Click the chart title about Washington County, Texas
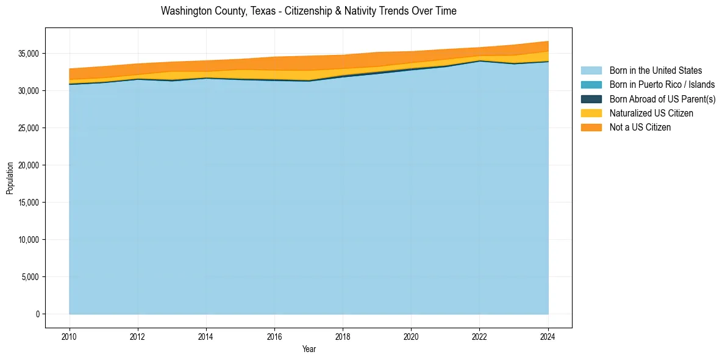pos(309,11)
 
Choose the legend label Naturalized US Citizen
pos(651,113)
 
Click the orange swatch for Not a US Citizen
pos(591,127)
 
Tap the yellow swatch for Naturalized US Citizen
pos(591,113)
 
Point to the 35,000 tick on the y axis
pos(29,54)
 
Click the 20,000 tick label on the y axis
pos(29,165)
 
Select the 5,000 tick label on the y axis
pos(30,277)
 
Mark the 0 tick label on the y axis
pos(37,314)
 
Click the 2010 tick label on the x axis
pos(70,336)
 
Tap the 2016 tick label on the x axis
pos(274,336)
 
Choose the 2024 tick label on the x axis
pos(548,336)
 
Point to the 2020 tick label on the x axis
pos(411,336)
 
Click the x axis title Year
pos(309,349)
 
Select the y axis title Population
pos(10,178)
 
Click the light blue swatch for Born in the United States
pos(591,71)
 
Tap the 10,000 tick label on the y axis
pos(29,240)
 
